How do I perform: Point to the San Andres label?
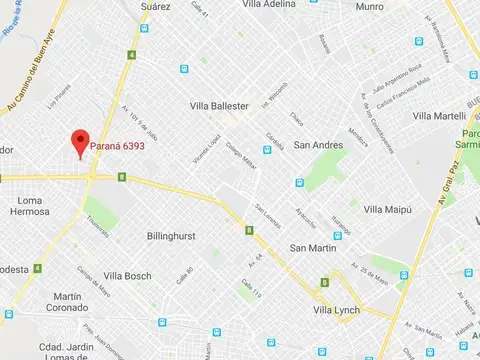coord(319,145)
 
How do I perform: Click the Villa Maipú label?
coord(388,209)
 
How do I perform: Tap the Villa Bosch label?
coord(127,276)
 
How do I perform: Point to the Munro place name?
coord(369,6)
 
